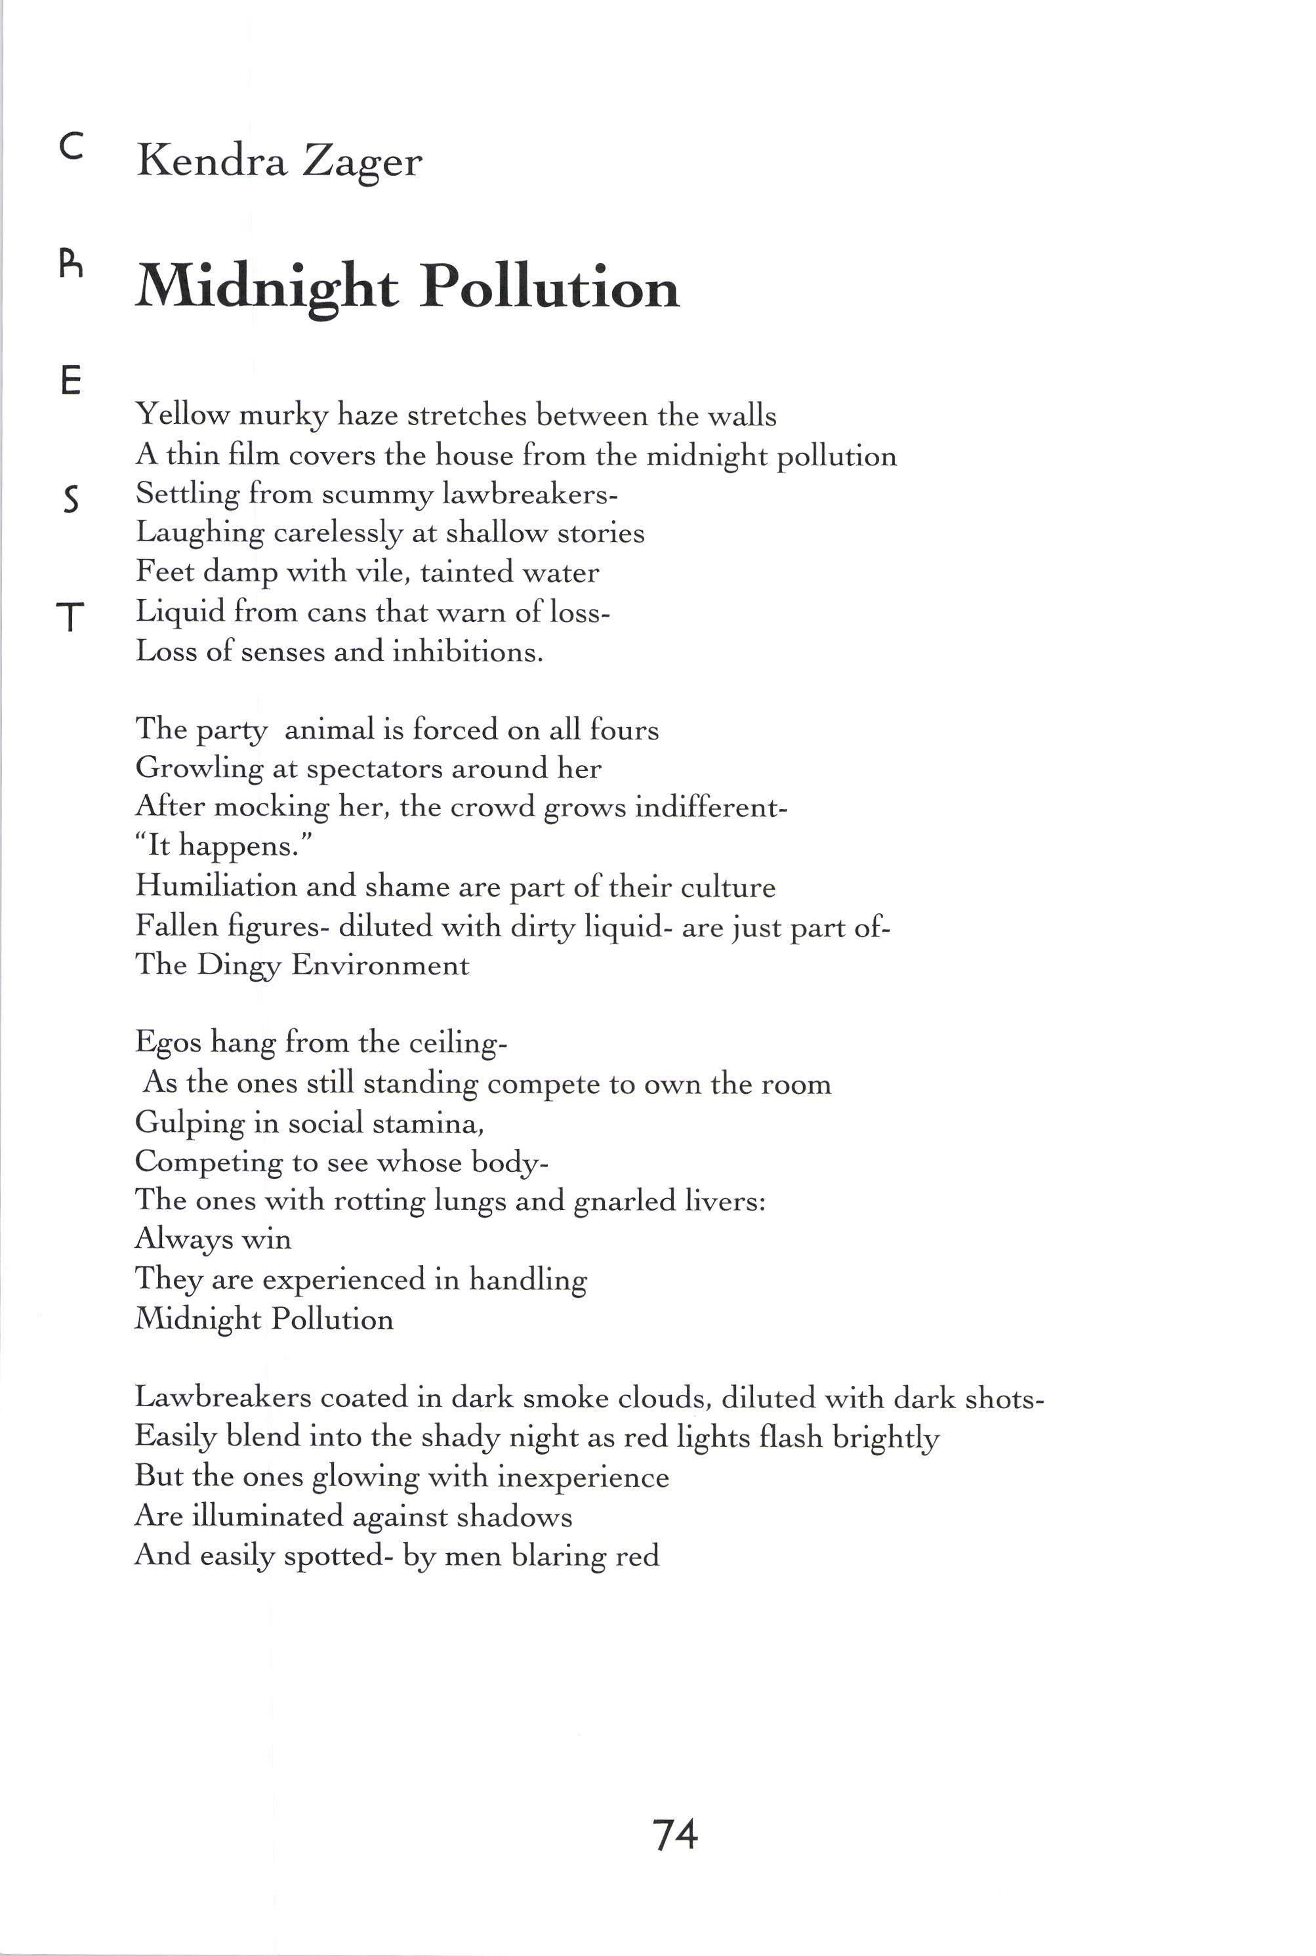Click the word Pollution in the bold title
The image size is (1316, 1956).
[x=549, y=287]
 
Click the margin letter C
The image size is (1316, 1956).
[x=72, y=148]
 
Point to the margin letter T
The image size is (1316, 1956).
[x=72, y=618]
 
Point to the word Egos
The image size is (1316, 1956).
[x=168, y=1043]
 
